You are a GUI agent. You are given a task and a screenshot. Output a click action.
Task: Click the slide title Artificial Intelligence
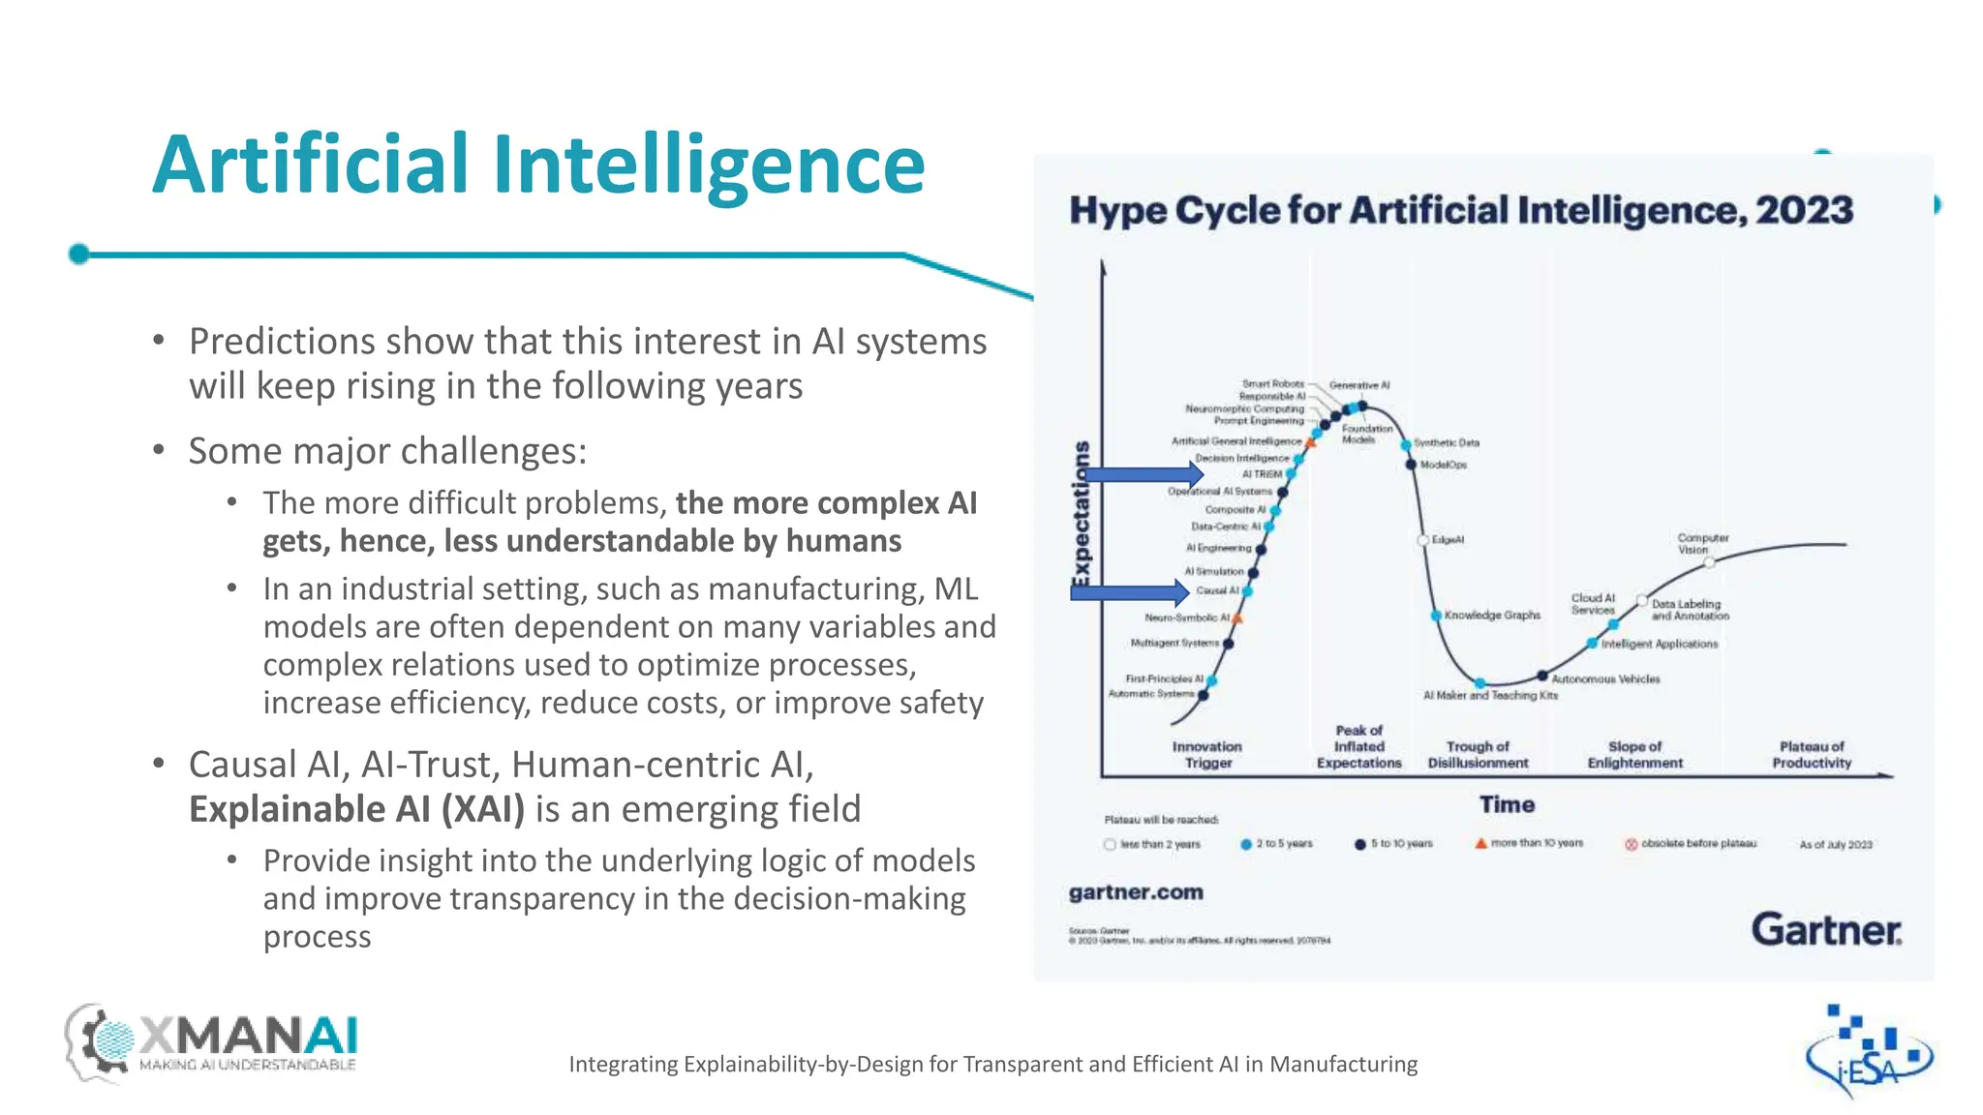(x=538, y=165)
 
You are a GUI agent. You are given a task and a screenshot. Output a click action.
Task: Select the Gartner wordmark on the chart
(x=1826, y=929)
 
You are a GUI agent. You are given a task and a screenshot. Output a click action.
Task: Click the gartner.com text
(x=1136, y=892)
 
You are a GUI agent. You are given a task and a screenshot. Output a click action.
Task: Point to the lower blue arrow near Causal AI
(x=1129, y=592)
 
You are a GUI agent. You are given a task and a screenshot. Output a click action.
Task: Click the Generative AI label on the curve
(x=1359, y=385)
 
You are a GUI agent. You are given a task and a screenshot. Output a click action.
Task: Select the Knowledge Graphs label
(x=1492, y=616)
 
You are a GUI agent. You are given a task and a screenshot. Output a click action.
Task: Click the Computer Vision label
(x=1702, y=543)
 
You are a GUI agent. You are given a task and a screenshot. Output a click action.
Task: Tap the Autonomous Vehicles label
(x=1605, y=679)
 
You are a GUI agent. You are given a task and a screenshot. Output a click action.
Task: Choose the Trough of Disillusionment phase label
(x=1478, y=755)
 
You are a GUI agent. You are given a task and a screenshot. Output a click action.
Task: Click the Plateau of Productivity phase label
(x=1812, y=755)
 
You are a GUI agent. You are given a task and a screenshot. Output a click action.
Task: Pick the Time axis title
(x=1507, y=804)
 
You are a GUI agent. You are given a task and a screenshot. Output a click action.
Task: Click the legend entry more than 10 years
(x=1536, y=843)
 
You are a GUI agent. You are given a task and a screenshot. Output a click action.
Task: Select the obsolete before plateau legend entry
(x=1697, y=844)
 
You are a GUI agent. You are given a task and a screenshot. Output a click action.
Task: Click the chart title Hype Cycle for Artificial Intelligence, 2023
(x=1461, y=210)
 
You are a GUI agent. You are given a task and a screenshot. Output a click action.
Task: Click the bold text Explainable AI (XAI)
(x=356, y=809)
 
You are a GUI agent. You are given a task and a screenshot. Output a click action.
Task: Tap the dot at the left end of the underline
(x=79, y=255)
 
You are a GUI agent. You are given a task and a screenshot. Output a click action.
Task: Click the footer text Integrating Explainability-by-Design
(x=992, y=1065)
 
